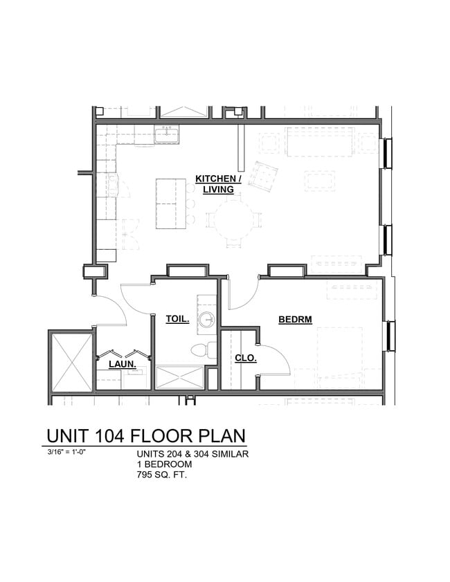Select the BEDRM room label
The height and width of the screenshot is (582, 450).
point(295,319)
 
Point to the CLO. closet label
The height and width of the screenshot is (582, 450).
point(245,358)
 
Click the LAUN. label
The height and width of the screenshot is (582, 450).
point(121,363)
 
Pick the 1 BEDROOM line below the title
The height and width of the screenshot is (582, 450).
point(164,464)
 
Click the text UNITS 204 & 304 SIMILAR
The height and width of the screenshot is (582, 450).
point(192,454)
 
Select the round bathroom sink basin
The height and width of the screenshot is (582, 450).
point(206,320)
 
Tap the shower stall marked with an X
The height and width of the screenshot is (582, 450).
point(179,377)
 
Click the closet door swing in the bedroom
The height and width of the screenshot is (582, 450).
point(273,358)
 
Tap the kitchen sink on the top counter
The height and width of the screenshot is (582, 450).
point(167,135)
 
